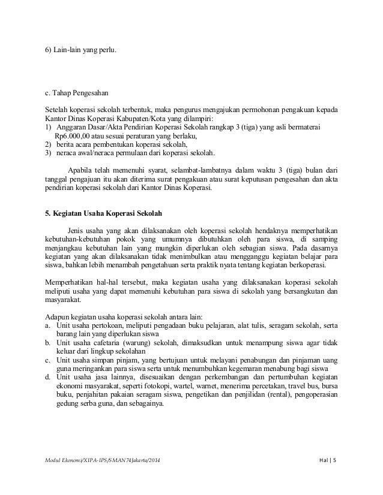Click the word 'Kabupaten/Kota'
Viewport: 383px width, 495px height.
(x=149, y=119)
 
